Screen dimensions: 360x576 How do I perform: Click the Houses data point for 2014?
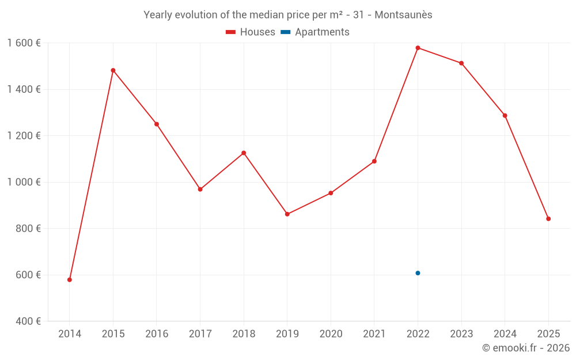[70, 280]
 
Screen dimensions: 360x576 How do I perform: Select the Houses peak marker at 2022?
[418, 48]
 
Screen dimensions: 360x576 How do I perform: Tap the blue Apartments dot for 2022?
[418, 273]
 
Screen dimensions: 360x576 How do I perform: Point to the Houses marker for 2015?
[113, 70]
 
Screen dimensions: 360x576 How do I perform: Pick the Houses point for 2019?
[287, 214]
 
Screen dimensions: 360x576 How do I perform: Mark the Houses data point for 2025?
[548, 219]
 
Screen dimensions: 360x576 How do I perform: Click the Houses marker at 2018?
[244, 153]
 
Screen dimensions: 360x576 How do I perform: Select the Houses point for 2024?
[505, 116]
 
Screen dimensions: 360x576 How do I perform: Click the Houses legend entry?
[251, 32]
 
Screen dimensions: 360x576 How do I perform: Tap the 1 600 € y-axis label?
[24, 43]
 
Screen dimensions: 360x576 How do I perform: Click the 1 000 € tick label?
[24, 182]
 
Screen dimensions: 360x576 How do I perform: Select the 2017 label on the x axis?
[200, 334]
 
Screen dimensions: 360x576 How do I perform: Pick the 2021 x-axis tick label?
[374, 334]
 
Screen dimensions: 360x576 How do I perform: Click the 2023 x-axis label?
[461, 334]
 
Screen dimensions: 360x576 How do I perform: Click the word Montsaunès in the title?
[403, 15]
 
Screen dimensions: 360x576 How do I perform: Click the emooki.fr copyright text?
[525, 348]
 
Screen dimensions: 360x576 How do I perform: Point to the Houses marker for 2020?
[331, 194]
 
